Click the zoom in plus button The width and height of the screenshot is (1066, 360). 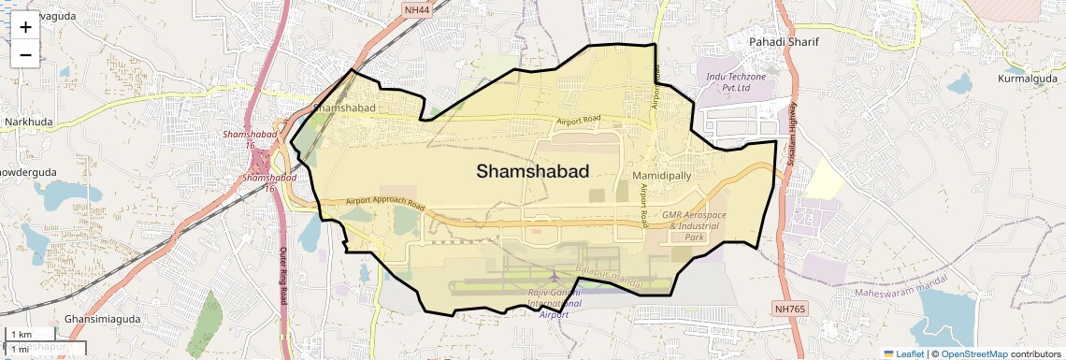(x=25, y=26)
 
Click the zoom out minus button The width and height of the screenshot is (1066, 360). (x=25, y=54)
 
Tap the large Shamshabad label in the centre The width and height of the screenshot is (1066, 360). (x=533, y=171)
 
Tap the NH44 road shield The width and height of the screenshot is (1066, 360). (x=417, y=9)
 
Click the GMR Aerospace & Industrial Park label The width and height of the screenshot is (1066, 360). (x=694, y=226)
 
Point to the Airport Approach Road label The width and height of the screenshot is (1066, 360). (x=384, y=203)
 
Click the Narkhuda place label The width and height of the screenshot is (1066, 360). (x=29, y=122)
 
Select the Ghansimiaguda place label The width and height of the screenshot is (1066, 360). (x=101, y=320)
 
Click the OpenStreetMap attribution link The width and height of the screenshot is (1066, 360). (x=973, y=353)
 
